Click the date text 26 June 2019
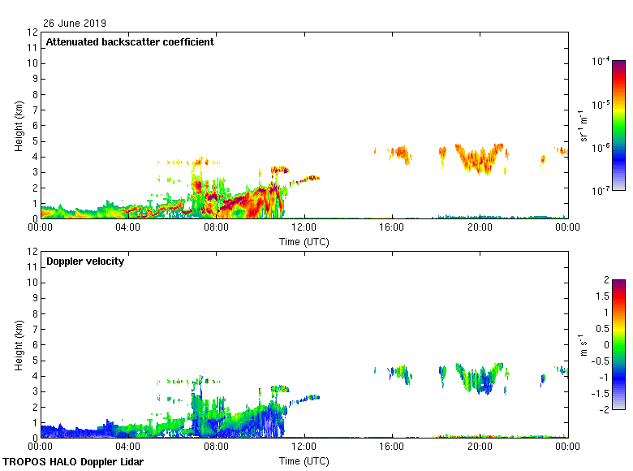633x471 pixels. pyautogui.click(x=75, y=24)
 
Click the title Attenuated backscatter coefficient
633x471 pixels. pyautogui.click(x=130, y=42)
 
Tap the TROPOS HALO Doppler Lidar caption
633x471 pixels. pyautogui.click(x=73, y=462)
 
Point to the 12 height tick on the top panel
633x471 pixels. pyautogui.click(x=33, y=32)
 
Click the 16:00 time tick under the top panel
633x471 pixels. pyautogui.click(x=392, y=228)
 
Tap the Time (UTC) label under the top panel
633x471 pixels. pyautogui.click(x=304, y=241)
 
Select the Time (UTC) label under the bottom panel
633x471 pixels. pyautogui.click(x=304, y=460)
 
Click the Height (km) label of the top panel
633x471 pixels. pyautogui.click(x=18, y=126)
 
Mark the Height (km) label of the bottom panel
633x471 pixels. pyautogui.click(x=18, y=345)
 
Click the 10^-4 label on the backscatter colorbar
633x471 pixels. pyautogui.click(x=601, y=62)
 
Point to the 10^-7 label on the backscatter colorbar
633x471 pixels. pyautogui.click(x=601, y=191)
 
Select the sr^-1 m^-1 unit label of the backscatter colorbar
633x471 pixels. pyautogui.click(x=583, y=126)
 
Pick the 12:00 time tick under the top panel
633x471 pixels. pyautogui.click(x=304, y=228)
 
